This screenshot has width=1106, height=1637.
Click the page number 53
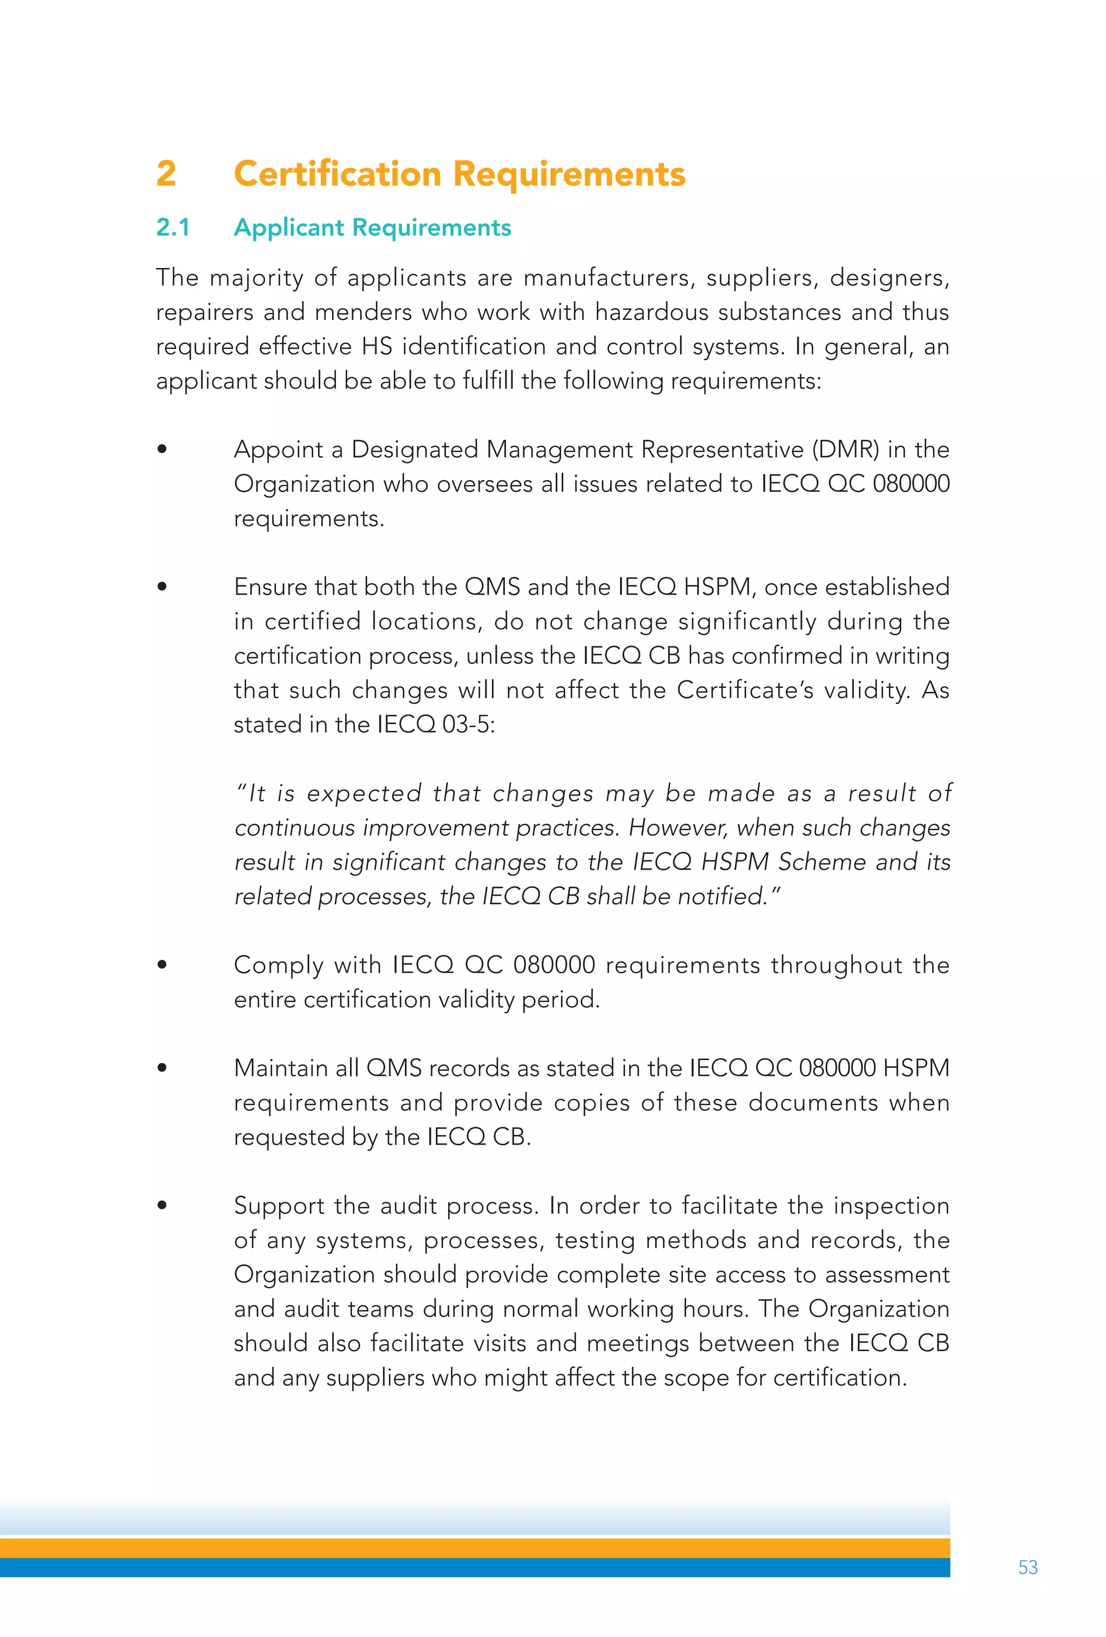pos(1027,1567)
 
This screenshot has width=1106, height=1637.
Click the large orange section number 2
pos(166,174)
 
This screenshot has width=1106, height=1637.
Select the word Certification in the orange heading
pos(337,174)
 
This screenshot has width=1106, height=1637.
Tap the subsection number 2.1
pos(172,228)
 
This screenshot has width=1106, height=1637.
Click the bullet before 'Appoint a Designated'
pos(162,449)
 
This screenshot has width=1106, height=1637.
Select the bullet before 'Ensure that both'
pos(162,586)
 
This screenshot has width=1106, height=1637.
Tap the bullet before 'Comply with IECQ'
pos(162,964)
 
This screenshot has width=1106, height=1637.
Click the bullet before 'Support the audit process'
pos(162,1205)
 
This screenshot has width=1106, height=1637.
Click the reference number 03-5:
pos(468,725)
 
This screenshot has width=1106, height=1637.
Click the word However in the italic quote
pos(677,827)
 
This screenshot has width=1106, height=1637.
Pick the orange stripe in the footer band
pos(475,1547)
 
